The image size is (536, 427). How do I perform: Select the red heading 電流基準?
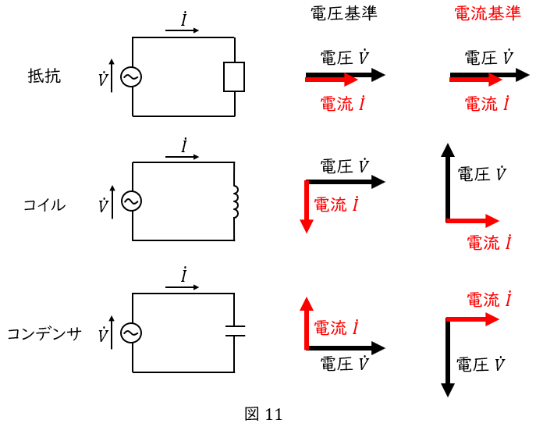tap(488, 15)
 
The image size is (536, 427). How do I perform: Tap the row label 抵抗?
tap(44, 77)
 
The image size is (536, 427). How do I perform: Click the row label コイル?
tap(44, 205)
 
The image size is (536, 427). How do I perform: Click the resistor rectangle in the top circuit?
tap(234, 77)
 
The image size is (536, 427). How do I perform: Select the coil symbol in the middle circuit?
tap(234, 201)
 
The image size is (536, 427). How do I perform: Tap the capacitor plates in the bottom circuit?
tap(234, 331)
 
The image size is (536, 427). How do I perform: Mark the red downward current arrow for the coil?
tap(307, 206)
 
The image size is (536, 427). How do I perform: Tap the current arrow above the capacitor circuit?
tap(183, 287)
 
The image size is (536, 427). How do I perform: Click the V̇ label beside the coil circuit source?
tap(103, 207)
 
